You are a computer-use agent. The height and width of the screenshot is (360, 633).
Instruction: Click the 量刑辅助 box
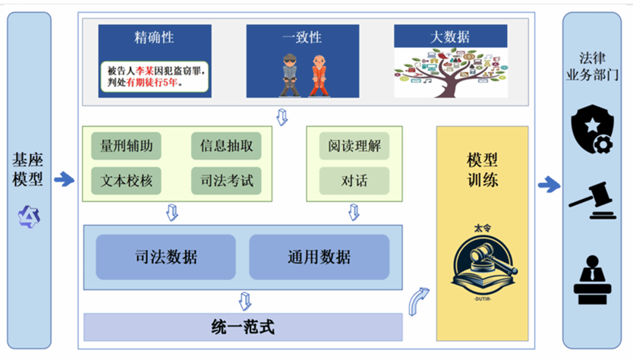pyautogui.click(x=126, y=145)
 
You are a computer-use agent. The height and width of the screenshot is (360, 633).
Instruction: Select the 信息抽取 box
pyautogui.click(x=226, y=145)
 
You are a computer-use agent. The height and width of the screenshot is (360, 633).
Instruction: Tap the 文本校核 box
pyautogui.click(x=126, y=181)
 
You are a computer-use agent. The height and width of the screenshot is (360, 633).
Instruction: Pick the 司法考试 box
pyautogui.click(x=226, y=181)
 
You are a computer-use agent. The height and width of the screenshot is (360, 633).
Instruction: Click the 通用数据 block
pyautogui.click(x=319, y=257)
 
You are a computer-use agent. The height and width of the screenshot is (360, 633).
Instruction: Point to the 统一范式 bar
pyautogui.click(x=242, y=328)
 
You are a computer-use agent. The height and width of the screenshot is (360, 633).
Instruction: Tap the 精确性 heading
pyautogui.click(x=154, y=36)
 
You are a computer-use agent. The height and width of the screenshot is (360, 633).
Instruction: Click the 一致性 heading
pyautogui.click(x=302, y=36)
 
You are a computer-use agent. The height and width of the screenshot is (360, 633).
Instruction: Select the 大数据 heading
pyautogui.click(x=450, y=36)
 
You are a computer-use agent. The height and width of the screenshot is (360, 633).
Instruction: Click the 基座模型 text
pyautogui.click(x=28, y=169)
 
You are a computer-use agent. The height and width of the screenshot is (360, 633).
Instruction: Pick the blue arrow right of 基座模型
pyautogui.click(x=65, y=180)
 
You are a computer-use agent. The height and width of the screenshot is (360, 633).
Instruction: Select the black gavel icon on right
pyautogui.click(x=592, y=199)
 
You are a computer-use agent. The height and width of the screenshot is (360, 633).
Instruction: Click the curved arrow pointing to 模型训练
pyautogui.click(x=419, y=301)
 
